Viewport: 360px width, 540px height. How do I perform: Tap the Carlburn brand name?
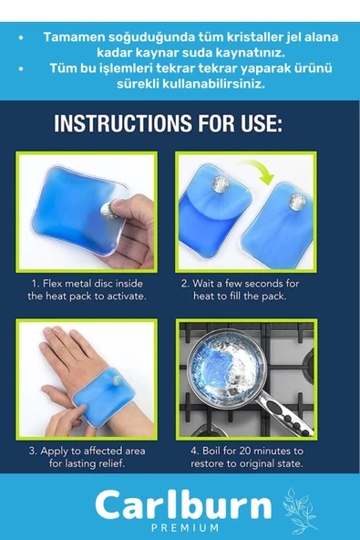pyautogui.click(x=183, y=505)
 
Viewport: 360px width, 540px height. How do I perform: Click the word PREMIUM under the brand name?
pyautogui.click(x=185, y=527)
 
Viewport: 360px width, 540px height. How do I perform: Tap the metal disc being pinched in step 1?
pyautogui.click(x=108, y=211)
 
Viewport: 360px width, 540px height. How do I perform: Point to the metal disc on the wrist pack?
pyautogui.click(x=117, y=380)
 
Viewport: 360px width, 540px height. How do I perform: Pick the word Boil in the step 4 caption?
pyautogui.click(x=211, y=451)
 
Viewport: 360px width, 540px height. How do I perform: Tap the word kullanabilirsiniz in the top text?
pyautogui.click(x=213, y=84)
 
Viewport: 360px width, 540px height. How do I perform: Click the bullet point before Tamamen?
pyautogui.click(x=21, y=37)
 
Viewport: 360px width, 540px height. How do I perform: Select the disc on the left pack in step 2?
pyautogui.click(x=220, y=184)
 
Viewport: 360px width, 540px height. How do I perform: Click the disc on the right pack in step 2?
pyautogui.click(x=297, y=202)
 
